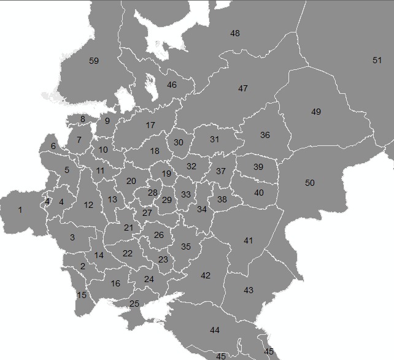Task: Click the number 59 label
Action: coord(94,61)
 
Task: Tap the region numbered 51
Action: coord(377,60)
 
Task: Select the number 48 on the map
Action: coord(235,33)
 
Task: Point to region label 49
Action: coord(316,112)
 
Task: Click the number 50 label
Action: coord(310,183)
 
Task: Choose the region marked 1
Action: coord(20,210)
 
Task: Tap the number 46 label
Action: coord(172,85)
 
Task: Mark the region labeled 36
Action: coord(265,135)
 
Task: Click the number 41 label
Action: coord(248,241)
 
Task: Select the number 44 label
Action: coord(215,331)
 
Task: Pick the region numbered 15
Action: coord(82,296)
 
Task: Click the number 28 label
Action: coord(153,193)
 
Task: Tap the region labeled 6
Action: coord(53,146)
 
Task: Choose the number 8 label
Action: coord(83,119)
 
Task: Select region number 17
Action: coord(150,126)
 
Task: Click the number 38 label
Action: coord(222,199)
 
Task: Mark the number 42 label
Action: coord(206,276)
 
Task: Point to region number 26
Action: coord(159,236)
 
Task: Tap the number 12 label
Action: coord(88,205)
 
